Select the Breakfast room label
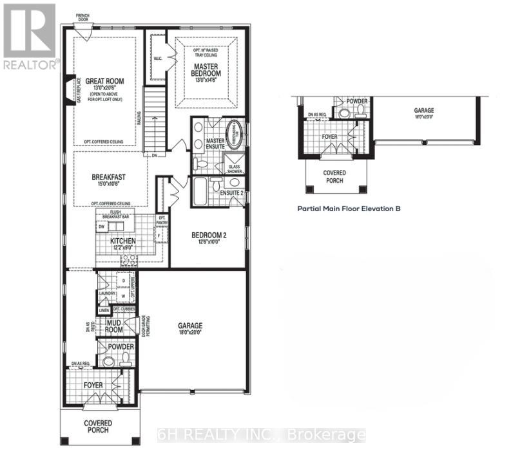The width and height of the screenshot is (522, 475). coord(108,177)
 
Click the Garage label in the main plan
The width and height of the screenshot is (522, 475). coord(190,326)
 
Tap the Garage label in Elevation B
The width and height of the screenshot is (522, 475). coord(423,111)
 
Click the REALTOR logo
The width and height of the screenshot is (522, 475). coord(30,35)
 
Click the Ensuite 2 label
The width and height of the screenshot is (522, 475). coord(230,192)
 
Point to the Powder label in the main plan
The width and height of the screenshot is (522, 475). coord(121,347)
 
